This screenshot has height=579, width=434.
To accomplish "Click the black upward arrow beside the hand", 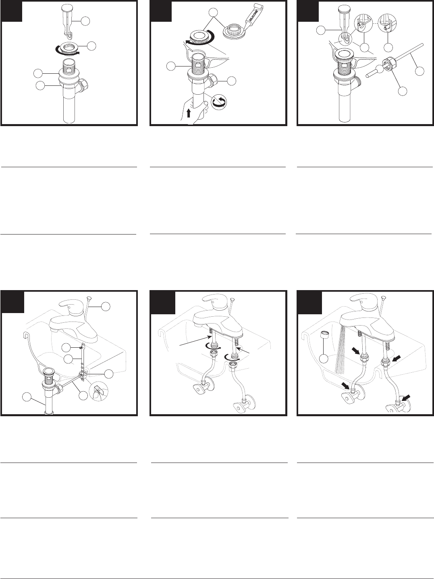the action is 188,114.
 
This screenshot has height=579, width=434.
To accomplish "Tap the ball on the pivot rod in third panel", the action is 379,70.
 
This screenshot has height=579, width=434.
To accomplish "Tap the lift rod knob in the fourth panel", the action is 89,299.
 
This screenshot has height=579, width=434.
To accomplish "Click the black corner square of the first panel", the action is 11,11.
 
